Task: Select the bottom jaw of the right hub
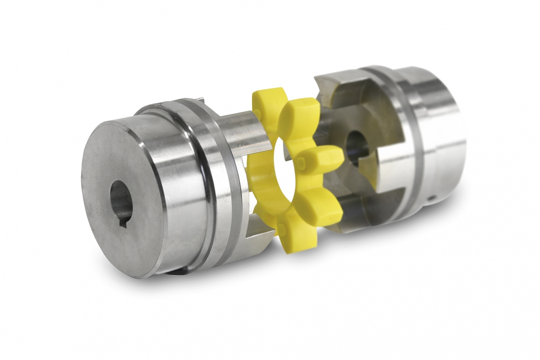point(365,217)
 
